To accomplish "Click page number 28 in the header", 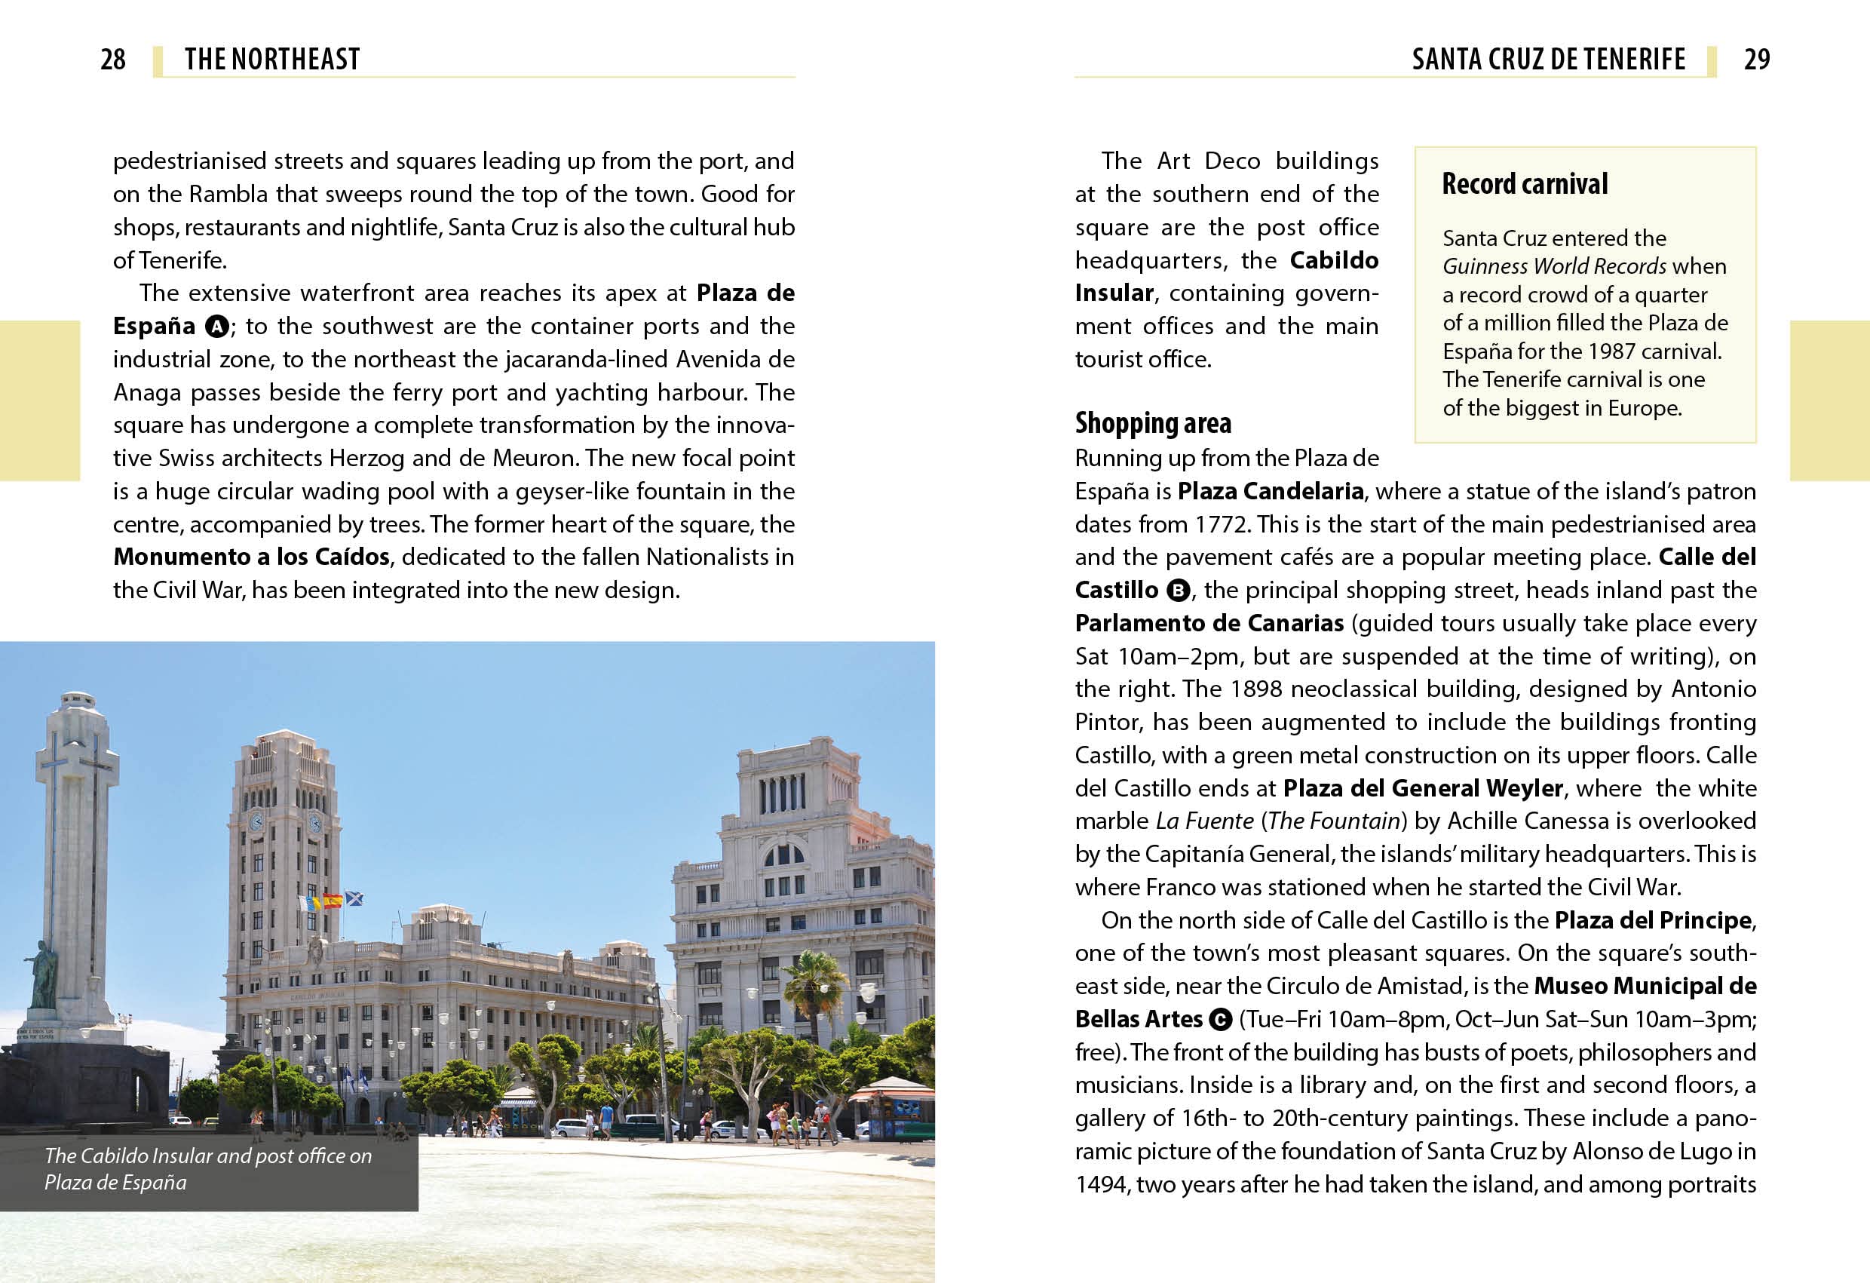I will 112,60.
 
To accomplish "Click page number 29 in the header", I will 1757,60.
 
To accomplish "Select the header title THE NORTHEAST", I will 272,60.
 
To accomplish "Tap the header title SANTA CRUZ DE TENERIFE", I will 1548,60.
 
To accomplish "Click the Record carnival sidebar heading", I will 1525,184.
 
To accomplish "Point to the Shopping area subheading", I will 1153,423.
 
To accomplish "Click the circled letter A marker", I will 216,327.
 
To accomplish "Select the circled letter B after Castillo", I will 1178,591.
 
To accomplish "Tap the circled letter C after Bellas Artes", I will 1221,1020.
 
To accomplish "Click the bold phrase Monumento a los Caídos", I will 252,557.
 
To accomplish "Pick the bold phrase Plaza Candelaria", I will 1271,491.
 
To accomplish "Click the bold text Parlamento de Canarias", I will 1209,623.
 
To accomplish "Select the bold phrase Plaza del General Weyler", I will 1423,788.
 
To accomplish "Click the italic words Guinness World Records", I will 1554,266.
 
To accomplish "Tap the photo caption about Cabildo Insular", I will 207,1168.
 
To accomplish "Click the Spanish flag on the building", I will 333,900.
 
